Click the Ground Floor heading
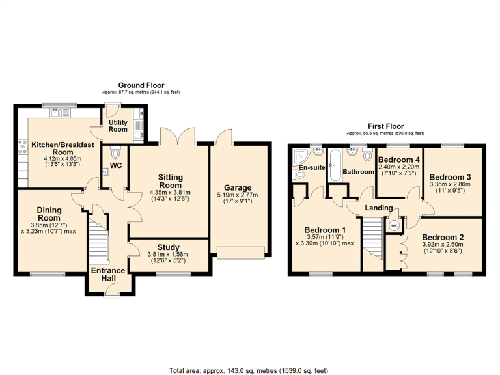[141, 85]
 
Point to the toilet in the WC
[115, 154]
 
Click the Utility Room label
[118, 125]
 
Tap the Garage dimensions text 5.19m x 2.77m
[237, 195]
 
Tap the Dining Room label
[49, 214]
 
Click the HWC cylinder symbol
[394, 225]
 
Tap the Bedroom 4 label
[399, 160]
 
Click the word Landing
[379, 208]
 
